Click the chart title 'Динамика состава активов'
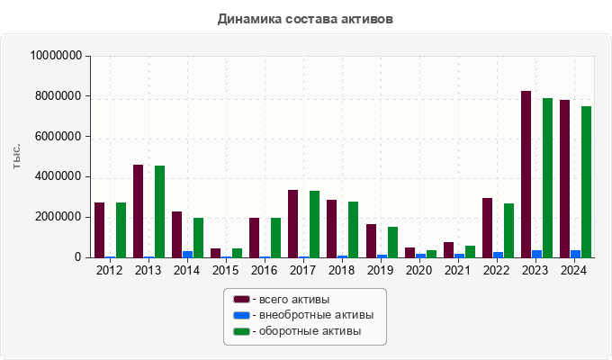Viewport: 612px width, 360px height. pos(305,19)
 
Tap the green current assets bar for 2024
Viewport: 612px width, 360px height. pos(586,182)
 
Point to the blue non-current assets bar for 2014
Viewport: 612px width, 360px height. pos(187,255)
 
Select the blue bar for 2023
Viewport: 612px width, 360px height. pos(536,254)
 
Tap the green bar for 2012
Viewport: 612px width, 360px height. pos(121,230)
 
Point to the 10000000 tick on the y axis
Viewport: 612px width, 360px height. pos(57,56)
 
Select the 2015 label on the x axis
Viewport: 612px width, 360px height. pos(225,270)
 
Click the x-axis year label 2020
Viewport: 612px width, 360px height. pos(418,270)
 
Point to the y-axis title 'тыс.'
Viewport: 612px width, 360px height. pos(17,157)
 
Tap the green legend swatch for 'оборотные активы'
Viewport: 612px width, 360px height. pos(240,331)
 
